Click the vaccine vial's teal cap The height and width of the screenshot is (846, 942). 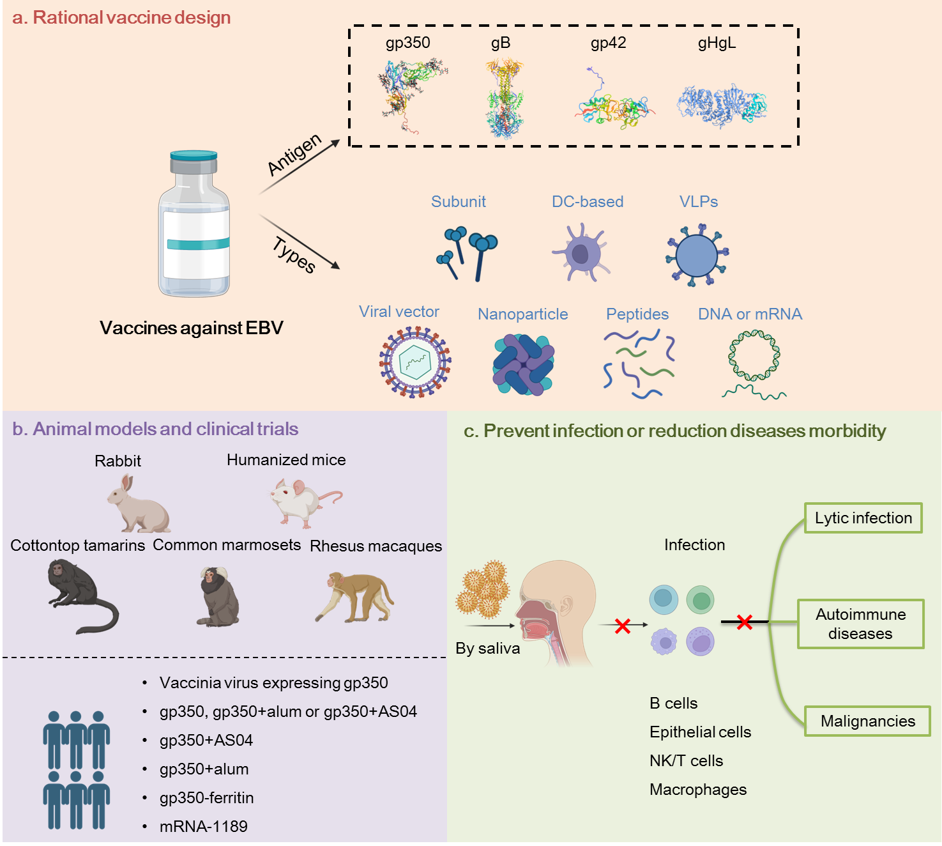[194, 155]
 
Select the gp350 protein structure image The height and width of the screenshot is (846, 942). [411, 93]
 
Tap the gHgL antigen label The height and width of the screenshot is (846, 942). [717, 43]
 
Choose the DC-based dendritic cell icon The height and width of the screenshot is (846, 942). [581, 253]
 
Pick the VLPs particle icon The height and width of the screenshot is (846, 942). [697, 255]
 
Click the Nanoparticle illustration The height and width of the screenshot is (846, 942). [523, 365]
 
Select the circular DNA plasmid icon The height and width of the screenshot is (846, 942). [754, 356]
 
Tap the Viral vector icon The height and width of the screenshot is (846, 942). [415, 362]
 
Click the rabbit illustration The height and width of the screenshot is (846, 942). [138, 505]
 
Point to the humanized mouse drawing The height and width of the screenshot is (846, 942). [303, 502]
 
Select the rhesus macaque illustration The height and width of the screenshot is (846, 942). [356, 597]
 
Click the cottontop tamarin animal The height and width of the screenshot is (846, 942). [80, 594]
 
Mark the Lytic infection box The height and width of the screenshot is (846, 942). [863, 518]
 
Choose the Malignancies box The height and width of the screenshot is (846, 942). [867, 721]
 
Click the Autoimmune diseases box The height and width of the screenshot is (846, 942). [860, 624]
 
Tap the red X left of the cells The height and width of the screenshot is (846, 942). [623, 626]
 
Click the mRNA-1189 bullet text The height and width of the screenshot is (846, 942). [203, 827]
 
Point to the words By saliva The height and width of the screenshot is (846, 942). [487, 649]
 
